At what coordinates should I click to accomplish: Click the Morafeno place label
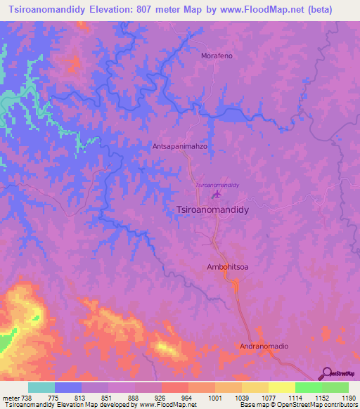click(217, 56)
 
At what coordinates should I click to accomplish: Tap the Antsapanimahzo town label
click(179, 148)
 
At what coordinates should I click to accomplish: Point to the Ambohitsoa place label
click(226, 267)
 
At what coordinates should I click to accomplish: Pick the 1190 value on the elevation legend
click(348, 397)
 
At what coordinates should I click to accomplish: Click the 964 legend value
click(188, 397)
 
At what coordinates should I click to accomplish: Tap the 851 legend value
click(108, 397)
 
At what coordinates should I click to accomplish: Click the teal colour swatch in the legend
click(41, 387)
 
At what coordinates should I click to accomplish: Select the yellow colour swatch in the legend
click(281, 387)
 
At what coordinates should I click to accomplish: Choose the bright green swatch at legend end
click(335, 387)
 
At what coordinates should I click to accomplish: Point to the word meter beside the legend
click(10, 397)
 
